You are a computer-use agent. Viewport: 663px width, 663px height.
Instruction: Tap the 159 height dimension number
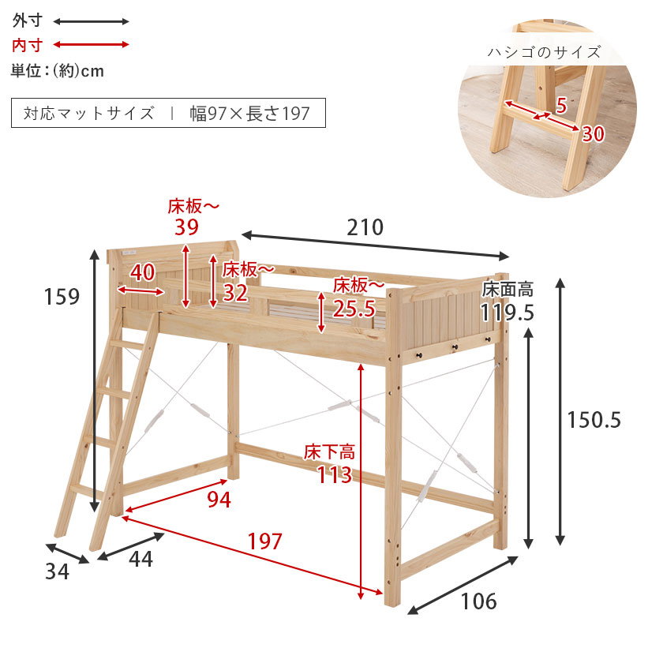pyautogui.click(x=62, y=297)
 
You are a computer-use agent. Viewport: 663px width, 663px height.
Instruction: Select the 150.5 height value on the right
pyautogui.click(x=594, y=420)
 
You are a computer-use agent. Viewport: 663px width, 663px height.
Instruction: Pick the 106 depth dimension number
pyautogui.click(x=478, y=601)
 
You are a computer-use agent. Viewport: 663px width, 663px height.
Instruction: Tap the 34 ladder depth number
pyautogui.click(x=57, y=571)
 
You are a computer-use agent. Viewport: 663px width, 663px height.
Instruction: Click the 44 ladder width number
pyautogui.click(x=140, y=560)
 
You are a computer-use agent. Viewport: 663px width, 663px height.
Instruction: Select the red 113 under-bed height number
pyautogui.click(x=335, y=475)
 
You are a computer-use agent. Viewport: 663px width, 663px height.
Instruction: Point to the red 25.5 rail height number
pyautogui.click(x=354, y=309)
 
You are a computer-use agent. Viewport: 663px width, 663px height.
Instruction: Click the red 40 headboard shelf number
pyautogui.click(x=142, y=272)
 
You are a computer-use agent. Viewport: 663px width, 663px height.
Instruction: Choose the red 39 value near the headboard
pyautogui.click(x=188, y=228)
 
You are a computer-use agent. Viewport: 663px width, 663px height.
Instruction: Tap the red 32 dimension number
pyautogui.click(x=235, y=293)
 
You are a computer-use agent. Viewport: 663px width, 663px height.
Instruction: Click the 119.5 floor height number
pyautogui.click(x=508, y=313)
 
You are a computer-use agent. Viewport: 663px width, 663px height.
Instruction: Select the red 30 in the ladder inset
pyautogui.click(x=593, y=134)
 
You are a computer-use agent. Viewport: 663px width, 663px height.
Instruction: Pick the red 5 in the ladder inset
pyautogui.click(x=560, y=104)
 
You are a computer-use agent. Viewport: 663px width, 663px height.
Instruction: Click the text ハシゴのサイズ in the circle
pyautogui.click(x=544, y=53)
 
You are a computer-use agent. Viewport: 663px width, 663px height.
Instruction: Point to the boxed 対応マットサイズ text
pyautogui.click(x=88, y=113)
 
